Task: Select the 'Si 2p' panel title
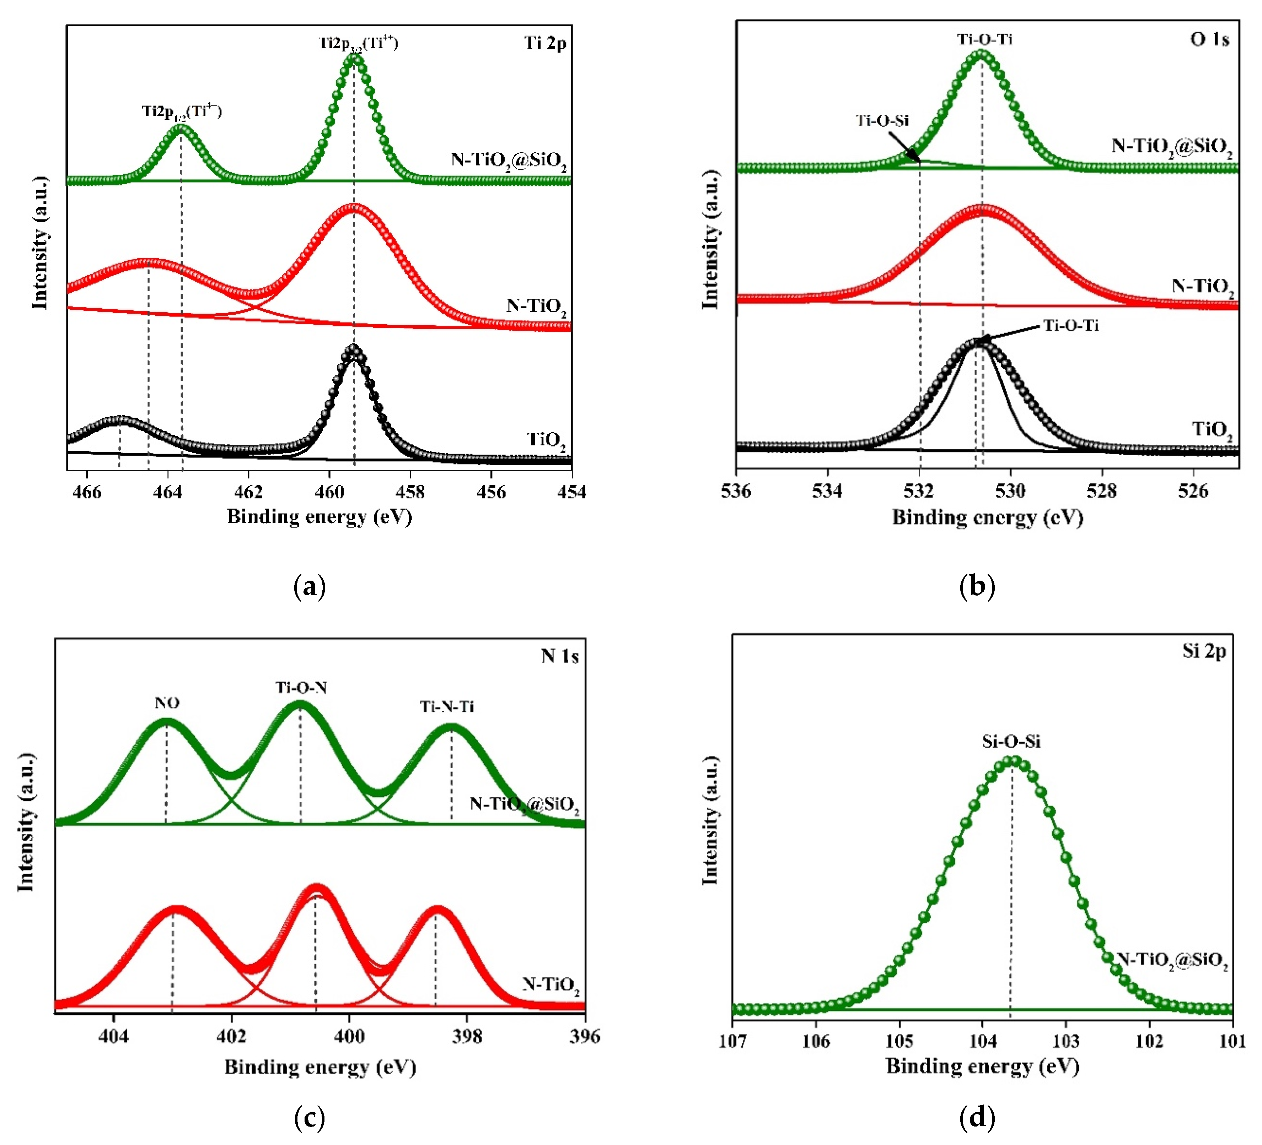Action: click(x=1203, y=651)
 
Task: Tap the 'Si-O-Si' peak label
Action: click(x=1011, y=742)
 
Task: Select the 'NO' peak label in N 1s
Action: click(x=167, y=703)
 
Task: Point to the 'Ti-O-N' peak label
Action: click(x=301, y=688)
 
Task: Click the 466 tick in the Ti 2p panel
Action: click(x=87, y=492)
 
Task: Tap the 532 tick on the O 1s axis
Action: click(x=918, y=491)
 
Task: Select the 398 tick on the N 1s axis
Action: click(x=467, y=1037)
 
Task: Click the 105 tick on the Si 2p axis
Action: click(x=899, y=1041)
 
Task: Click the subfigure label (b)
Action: click(x=977, y=586)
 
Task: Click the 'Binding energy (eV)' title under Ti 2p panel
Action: click(x=319, y=517)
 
